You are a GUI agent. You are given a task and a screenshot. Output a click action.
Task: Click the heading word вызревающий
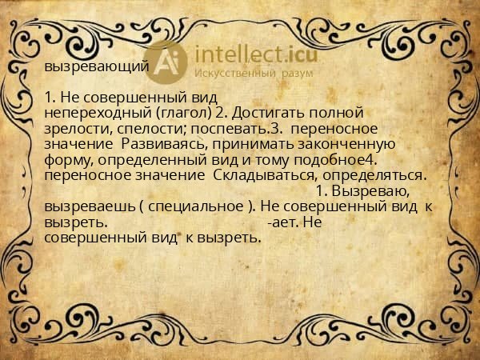point(96,67)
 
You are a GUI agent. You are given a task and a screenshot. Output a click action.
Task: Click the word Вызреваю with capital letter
point(377,190)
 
